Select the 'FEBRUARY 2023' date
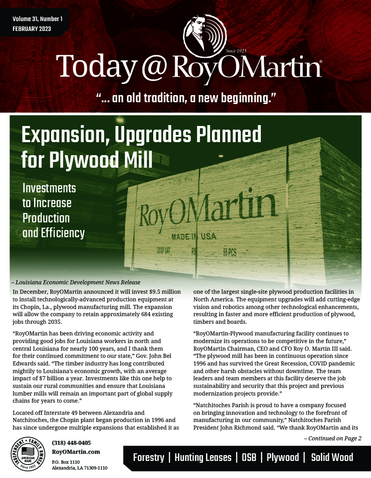(32, 29)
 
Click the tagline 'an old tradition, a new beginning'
(185, 97)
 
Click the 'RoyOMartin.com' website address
(76, 452)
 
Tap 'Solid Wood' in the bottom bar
(332, 458)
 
